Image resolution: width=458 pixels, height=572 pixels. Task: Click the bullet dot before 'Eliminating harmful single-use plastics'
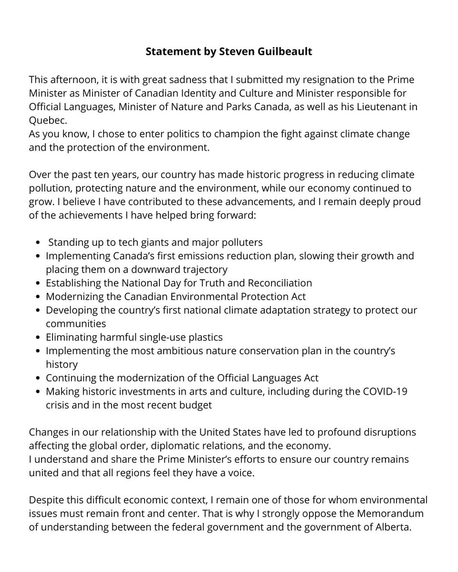tap(39, 337)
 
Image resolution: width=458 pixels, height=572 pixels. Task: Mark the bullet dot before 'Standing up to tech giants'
tap(39, 243)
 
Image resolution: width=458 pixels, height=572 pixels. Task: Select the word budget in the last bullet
tap(195, 405)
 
